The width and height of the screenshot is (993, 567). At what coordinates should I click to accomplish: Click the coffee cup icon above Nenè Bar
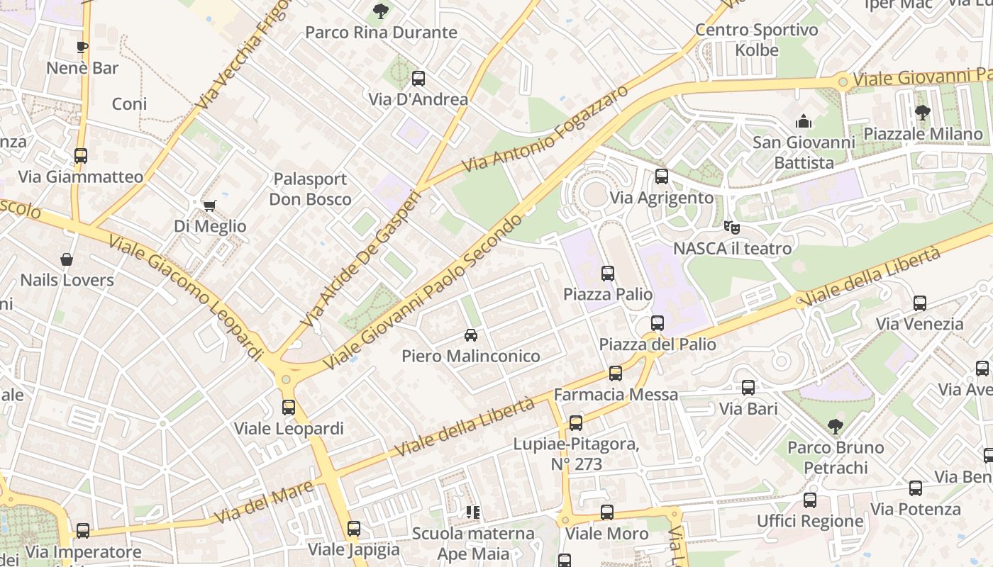pos(82,47)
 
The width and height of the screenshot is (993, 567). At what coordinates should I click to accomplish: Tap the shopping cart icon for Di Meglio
pos(209,206)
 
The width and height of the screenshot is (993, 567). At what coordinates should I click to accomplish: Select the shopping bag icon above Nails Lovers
pos(67,259)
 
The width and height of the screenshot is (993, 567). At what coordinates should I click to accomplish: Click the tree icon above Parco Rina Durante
pos(381,11)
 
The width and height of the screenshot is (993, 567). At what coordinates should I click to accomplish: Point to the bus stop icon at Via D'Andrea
pos(418,79)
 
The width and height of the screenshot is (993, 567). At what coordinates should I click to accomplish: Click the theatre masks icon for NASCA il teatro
pos(731,228)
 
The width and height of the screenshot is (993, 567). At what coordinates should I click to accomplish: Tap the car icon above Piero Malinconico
pos(470,335)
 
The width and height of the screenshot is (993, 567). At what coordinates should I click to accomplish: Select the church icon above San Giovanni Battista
pos(803,121)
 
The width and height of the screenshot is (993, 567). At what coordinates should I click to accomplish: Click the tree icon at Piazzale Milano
pos(922,113)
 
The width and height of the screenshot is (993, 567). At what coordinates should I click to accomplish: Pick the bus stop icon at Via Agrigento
pos(661,176)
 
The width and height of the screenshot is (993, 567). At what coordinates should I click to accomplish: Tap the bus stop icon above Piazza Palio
pos(607,274)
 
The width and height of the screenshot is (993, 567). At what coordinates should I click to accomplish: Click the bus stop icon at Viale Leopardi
pos(288,408)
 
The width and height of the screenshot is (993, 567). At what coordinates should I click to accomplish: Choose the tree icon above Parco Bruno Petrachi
pos(835,427)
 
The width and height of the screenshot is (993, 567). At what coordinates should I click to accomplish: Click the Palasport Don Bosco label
pos(310,189)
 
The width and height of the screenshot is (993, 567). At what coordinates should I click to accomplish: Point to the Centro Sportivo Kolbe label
pos(756,40)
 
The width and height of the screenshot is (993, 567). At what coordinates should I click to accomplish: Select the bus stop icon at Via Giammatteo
pos(81,156)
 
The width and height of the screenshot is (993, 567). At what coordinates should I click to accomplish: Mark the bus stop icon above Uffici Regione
pos(809,500)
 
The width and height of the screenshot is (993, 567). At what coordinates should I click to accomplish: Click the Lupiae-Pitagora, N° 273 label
pos(576,454)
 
